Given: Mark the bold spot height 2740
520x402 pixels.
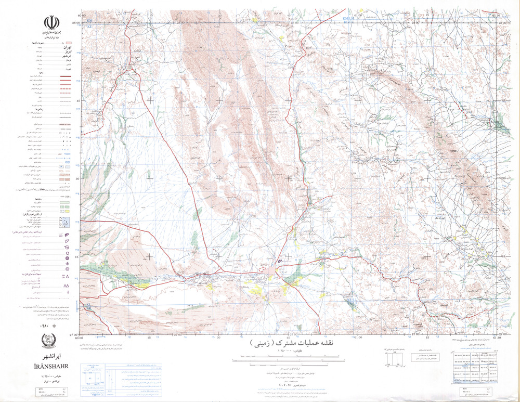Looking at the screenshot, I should pyautogui.click(x=453, y=151).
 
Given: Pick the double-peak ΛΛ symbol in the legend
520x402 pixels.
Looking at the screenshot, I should pyautogui.click(x=66, y=286).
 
